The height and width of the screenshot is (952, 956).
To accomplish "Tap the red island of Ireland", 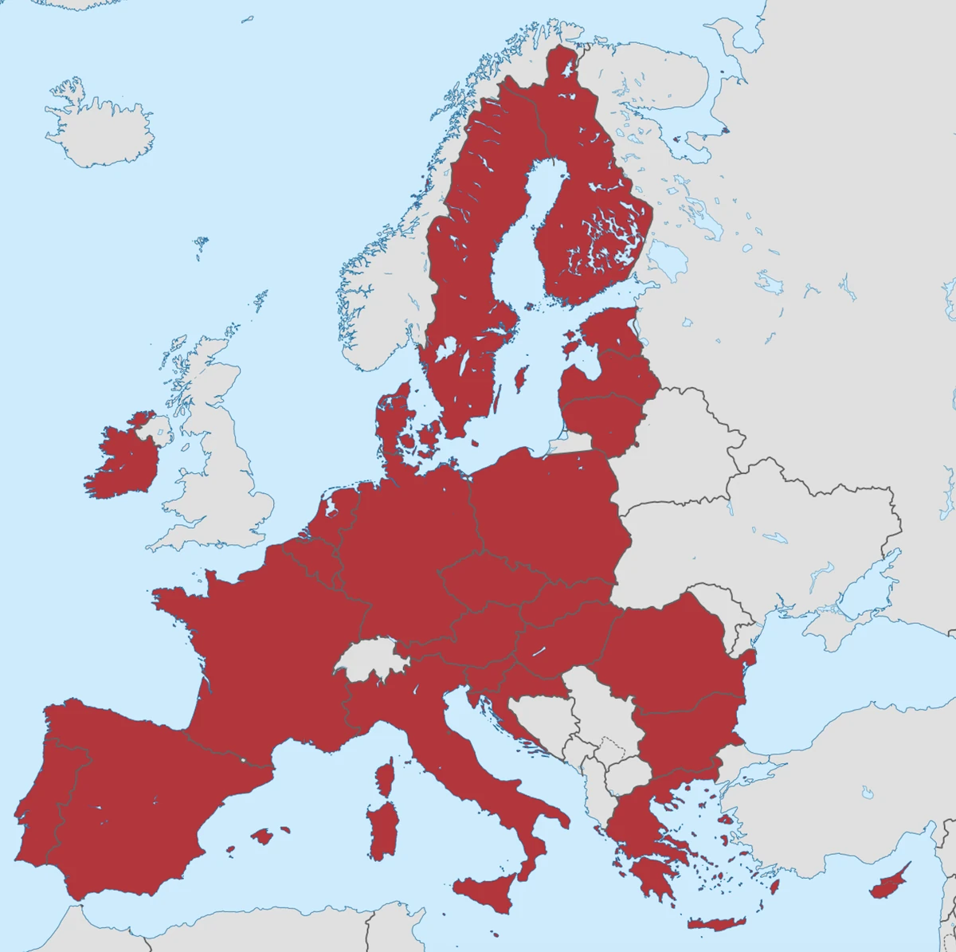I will [123, 462].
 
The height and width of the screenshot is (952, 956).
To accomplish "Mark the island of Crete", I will [715, 923].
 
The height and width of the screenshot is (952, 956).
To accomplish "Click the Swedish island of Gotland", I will [522, 378].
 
